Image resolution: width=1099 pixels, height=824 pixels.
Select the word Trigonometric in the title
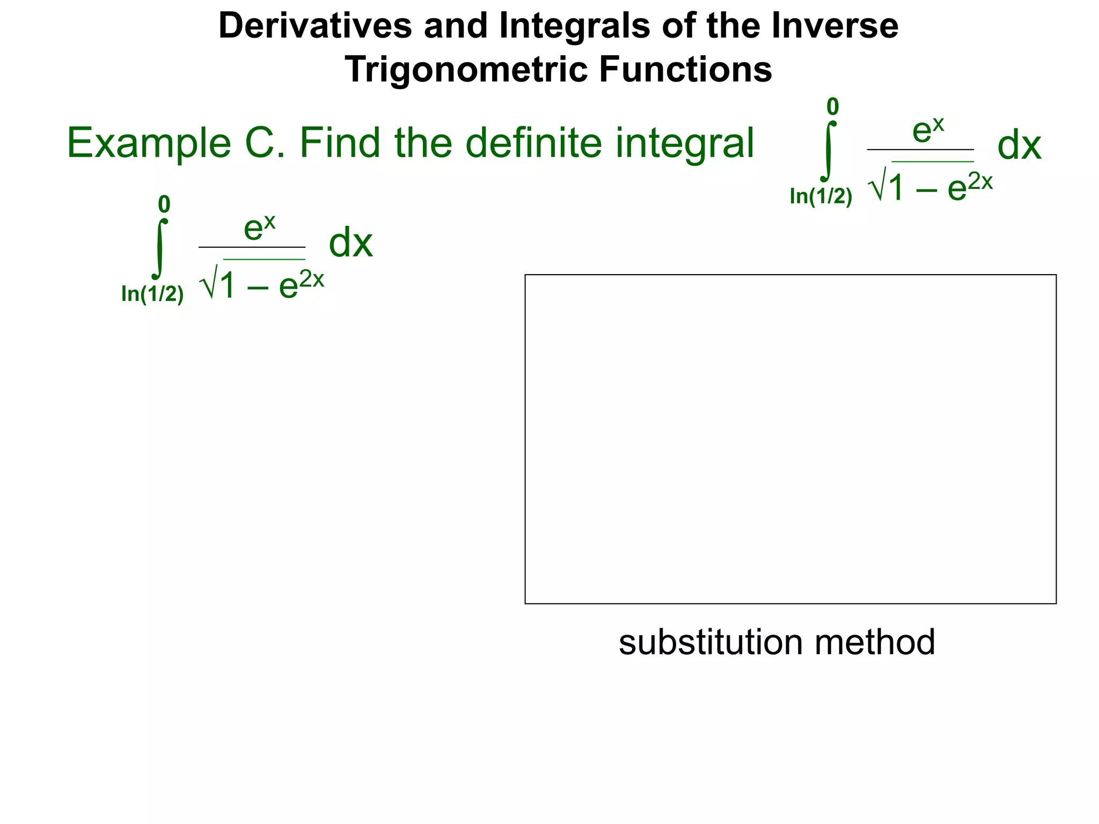466,70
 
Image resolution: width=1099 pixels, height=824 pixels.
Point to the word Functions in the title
685,70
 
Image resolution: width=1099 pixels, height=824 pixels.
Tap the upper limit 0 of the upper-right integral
832,107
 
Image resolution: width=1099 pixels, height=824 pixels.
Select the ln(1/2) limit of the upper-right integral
820,197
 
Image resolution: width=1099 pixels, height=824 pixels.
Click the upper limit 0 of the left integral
164,204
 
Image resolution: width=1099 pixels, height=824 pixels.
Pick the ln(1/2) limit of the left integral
152,294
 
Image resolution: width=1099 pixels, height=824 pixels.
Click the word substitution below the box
710,642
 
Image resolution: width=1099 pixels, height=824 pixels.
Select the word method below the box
875,642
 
